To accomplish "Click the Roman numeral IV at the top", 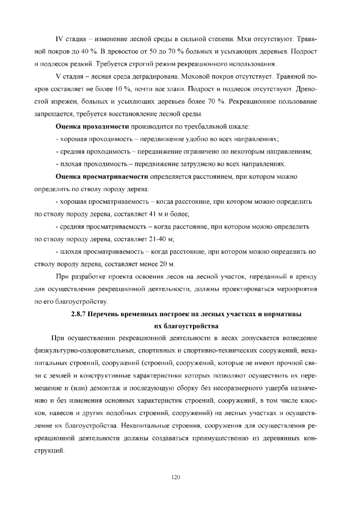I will [58, 40].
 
